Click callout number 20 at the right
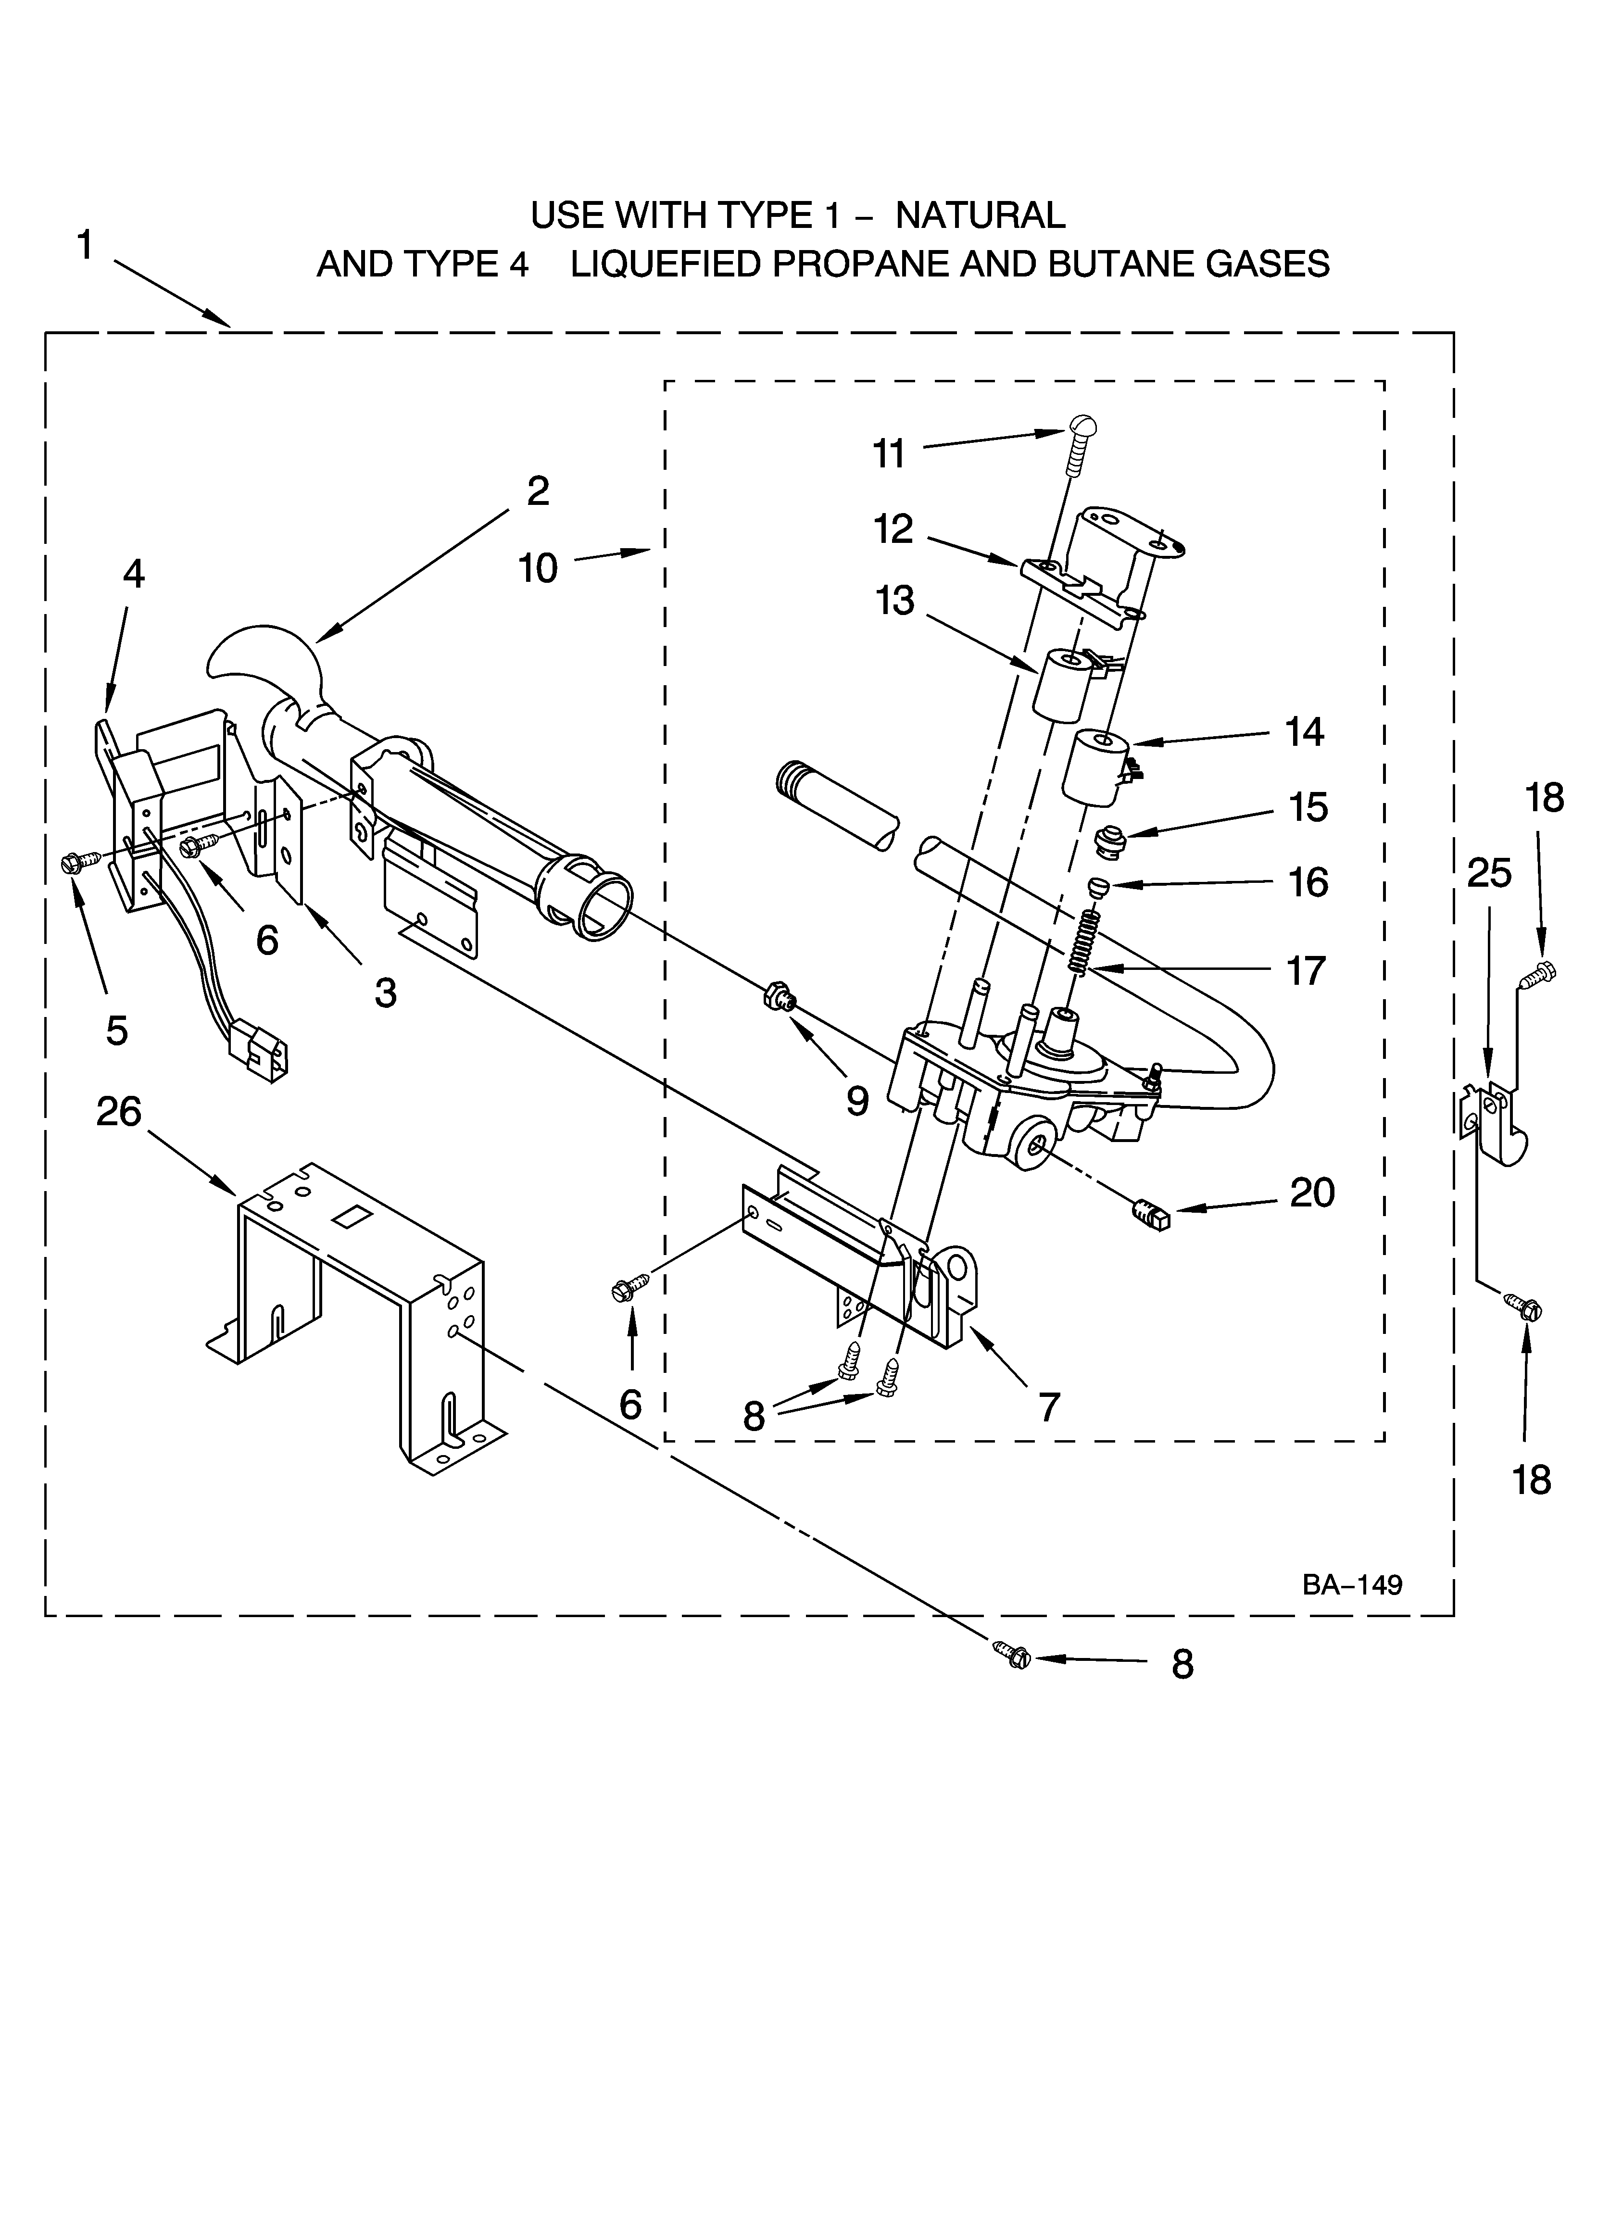1312,1193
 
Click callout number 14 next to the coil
1304,732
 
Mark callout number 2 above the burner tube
537,491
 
